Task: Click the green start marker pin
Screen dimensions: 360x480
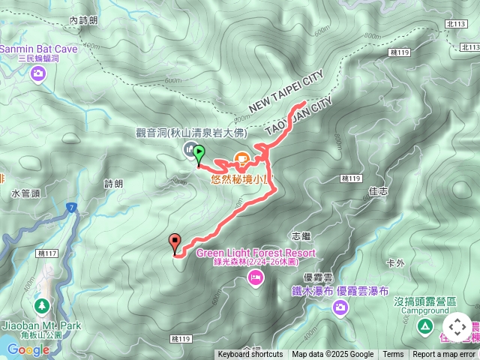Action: tap(199, 154)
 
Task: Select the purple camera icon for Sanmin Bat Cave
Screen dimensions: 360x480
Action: tap(38, 73)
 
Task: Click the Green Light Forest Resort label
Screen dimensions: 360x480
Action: tap(256, 253)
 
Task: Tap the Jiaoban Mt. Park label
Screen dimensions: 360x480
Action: tap(40, 326)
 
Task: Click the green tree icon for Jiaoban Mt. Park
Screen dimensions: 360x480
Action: tap(41, 306)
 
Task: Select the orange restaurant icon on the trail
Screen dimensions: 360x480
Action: tap(242, 158)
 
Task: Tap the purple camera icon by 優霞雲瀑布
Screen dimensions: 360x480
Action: tap(341, 307)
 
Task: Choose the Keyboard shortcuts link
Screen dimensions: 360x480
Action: tap(250, 355)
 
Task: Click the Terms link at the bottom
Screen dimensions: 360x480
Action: tap(393, 355)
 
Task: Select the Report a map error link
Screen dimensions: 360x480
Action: tap(444, 355)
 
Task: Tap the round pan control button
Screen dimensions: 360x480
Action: tap(457, 328)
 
